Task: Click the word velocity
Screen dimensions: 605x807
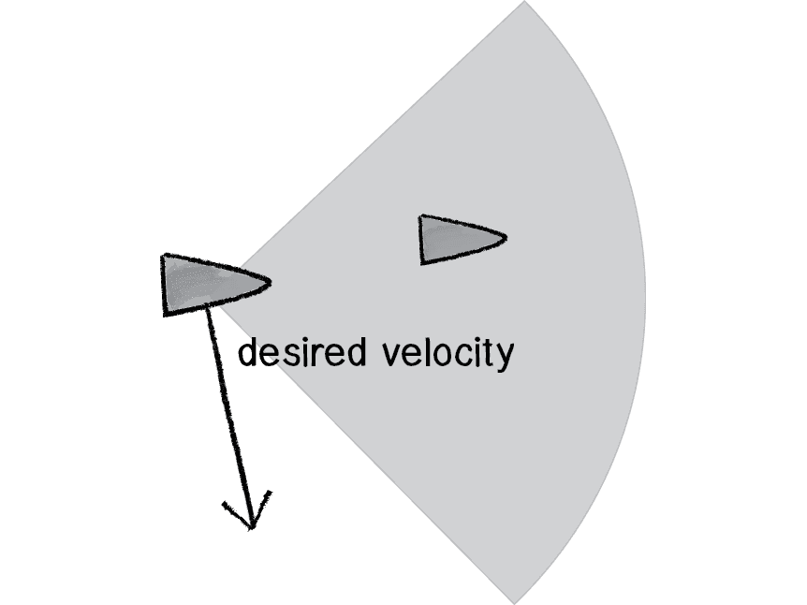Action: (x=448, y=354)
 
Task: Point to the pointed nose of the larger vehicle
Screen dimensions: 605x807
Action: (x=270, y=281)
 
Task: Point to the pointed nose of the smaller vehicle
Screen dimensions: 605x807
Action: (x=506, y=236)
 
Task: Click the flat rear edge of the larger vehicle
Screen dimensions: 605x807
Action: (x=166, y=285)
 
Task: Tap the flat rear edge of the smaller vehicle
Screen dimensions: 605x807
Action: (x=422, y=240)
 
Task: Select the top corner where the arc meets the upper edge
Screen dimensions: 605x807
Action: (x=524, y=2)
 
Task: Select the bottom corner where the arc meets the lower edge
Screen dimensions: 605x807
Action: (x=513, y=601)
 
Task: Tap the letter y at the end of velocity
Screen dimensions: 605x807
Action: (x=506, y=357)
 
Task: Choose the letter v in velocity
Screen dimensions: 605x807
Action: (x=393, y=356)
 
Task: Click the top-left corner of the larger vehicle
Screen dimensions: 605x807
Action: (x=164, y=256)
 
